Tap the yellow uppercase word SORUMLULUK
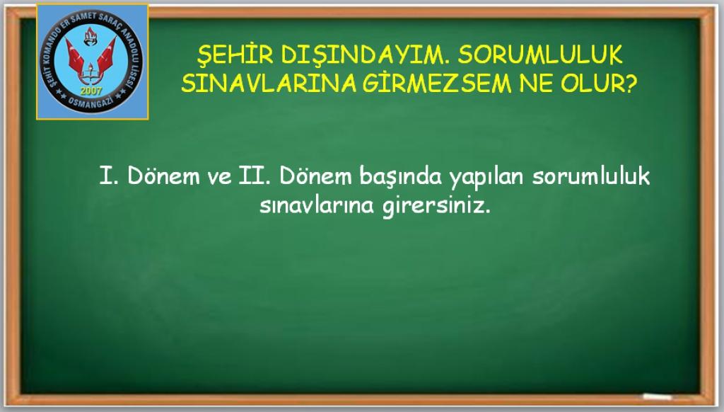click(540, 55)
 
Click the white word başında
click(400, 177)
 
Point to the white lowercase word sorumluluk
click(590, 176)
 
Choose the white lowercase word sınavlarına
click(317, 205)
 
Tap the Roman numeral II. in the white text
click(255, 176)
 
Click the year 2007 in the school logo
click(91, 91)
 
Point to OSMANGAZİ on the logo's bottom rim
click(91, 103)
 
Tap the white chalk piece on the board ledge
click(658, 396)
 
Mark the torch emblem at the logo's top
click(90, 36)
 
